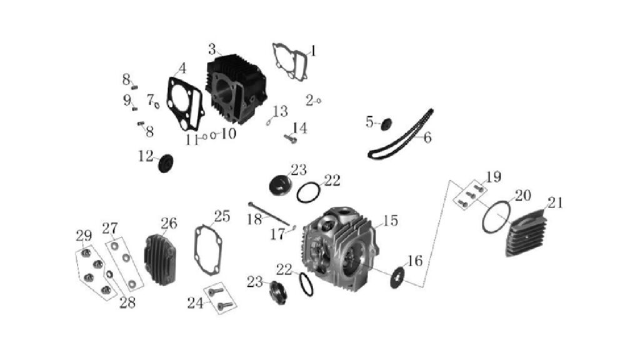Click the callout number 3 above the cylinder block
[x=212, y=49]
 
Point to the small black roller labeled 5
[x=386, y=124]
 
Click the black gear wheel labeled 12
[x=165, y=163]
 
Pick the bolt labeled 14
[x=290, y=139]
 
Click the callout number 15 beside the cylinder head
[x=391, y=221]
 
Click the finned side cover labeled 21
[x=526, y=232]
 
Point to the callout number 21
[x=556, y=203]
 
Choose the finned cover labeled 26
[x=159, y=259]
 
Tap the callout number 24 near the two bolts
[x=195, y=303]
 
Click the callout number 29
[x=84, y=236]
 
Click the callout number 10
[x=229, y=134]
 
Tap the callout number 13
[x=281, y=111]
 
